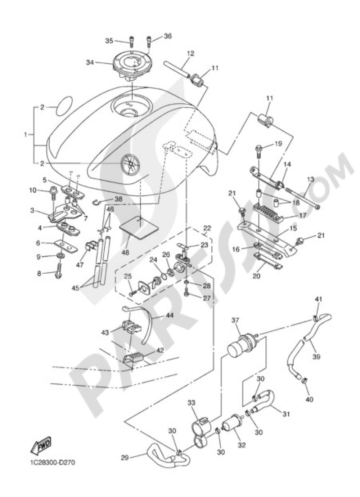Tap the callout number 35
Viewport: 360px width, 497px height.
tap(109, 41)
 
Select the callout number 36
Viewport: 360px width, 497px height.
tap(168, 36)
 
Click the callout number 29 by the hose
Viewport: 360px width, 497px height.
tap(124, 458)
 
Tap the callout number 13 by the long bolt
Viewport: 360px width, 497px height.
tap(310, 179)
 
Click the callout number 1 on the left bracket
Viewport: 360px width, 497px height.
tap(25, 135)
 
